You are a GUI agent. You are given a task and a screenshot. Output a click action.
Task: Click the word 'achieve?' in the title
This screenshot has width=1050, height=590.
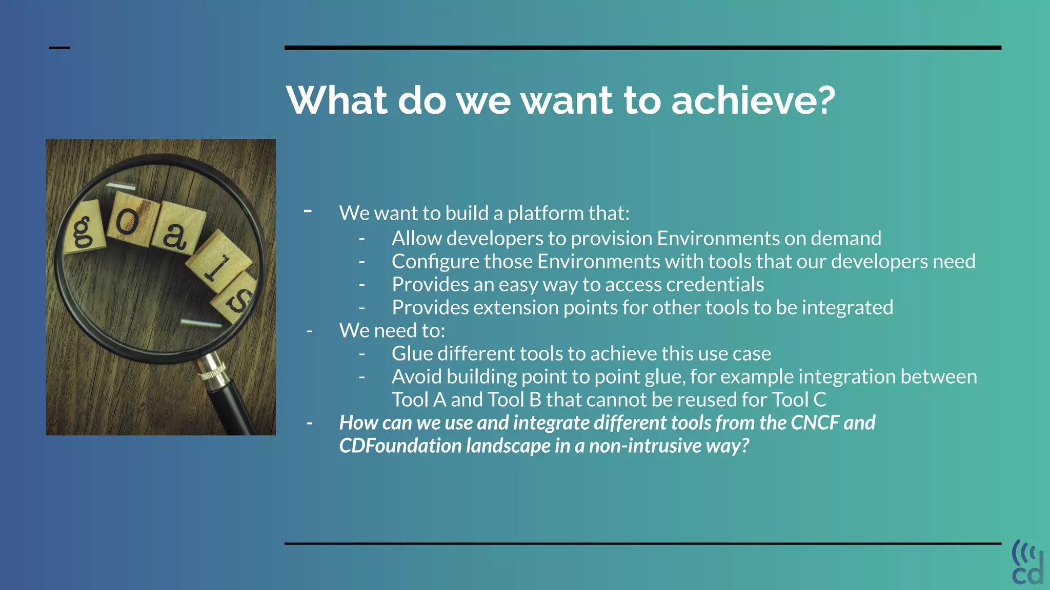pos(753,100)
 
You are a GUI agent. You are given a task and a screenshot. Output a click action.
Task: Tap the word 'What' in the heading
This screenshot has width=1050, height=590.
pos(336,100)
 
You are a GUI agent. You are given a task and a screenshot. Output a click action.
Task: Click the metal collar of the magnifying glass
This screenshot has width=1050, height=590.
pos(212,370)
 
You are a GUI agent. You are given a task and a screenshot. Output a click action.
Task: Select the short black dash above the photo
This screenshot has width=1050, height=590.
pos(59,48)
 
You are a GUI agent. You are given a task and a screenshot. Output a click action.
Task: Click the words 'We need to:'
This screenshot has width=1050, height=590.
pos(392,331)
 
